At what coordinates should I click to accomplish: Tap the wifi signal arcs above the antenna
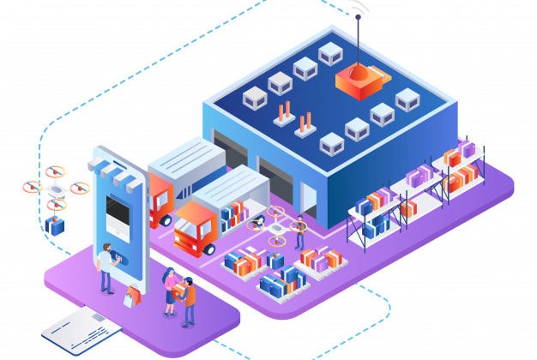click(x=357, y=10)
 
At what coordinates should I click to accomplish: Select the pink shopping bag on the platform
click(x=130, y=297)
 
